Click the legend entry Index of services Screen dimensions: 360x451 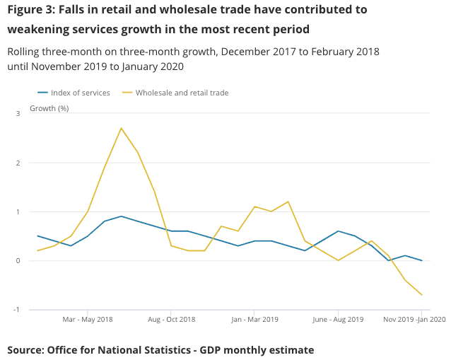[80, 93]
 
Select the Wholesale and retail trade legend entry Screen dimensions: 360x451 [181, 93]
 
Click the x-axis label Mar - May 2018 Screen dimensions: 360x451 [88, 320]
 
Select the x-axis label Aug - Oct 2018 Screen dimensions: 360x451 [171, 320]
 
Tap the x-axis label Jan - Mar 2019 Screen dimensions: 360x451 [254, 320]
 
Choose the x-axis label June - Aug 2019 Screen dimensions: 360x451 [338, 320]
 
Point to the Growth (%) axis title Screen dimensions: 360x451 [49, 108]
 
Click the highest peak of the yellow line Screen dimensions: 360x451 [121, 128]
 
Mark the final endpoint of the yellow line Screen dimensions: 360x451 [421, 295]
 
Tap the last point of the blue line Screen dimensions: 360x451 [421, 260]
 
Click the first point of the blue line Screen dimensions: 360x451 [37, 236]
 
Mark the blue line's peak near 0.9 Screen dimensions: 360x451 [121, 216]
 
